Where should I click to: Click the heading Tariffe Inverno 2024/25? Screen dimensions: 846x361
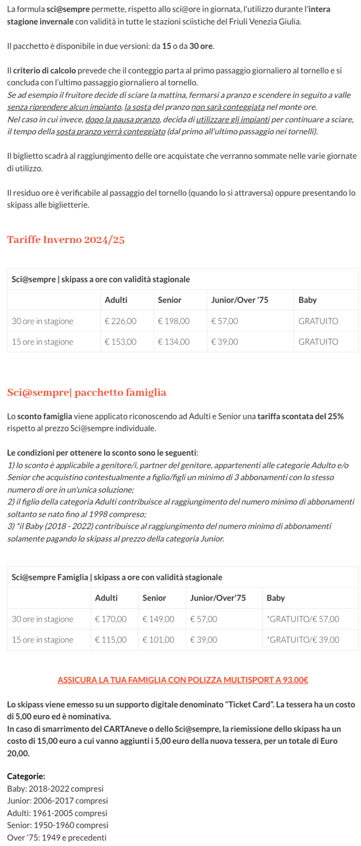65,240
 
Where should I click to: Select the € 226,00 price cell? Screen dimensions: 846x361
120,321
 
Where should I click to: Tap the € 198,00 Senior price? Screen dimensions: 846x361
174,321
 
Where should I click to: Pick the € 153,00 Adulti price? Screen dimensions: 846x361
120,341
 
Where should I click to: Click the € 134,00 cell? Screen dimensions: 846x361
174,341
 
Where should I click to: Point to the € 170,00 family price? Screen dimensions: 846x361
110,619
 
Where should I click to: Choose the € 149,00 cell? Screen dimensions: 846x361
158,619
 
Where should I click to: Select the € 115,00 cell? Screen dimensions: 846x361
110,639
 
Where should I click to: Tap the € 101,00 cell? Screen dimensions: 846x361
158,639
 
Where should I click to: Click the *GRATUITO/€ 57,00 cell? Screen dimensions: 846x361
303,619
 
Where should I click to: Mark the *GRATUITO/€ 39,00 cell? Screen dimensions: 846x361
303,639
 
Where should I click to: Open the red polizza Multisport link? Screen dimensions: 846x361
183,680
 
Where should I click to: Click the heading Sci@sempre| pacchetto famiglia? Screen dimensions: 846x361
87,393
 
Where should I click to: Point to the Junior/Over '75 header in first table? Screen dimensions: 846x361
239,300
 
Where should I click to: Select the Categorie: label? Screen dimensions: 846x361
26,776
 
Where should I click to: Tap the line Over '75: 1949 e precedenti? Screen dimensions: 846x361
57,837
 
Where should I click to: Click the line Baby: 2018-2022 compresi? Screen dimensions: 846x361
55,788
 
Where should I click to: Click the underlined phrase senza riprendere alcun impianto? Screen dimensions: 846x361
64,107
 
